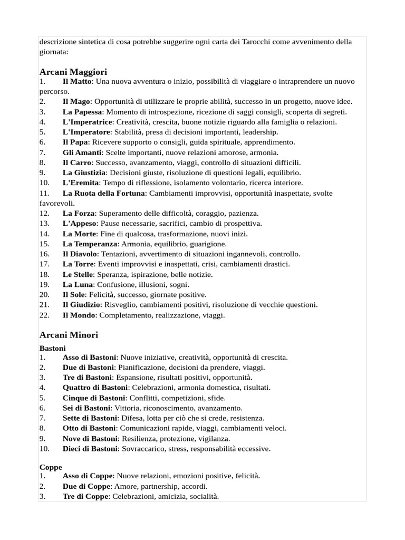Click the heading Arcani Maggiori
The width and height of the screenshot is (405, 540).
(x=73, y=71)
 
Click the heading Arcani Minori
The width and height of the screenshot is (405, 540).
(x=69, y=335)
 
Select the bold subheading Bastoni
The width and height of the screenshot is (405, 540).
(x=52, y=348)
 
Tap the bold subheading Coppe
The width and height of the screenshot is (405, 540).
(x=51, y=467)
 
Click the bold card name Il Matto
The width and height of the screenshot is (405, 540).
(x=77, y=81)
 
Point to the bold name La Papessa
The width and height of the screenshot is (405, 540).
(x=82, y=112)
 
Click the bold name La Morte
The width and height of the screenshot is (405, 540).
(x=79, y=234)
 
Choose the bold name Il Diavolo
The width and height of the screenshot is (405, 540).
(x=80, y=254)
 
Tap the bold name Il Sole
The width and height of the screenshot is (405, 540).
(x=75, y=294)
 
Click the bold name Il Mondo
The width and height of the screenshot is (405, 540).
(x=79, y=315)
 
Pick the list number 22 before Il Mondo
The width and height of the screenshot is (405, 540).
(x=44, y=315)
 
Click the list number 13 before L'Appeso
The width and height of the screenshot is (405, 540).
(x=44, y=224)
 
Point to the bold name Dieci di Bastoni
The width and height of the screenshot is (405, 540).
(x=90, y=448)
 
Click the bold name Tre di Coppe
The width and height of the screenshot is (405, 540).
(x=86, y=496)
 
